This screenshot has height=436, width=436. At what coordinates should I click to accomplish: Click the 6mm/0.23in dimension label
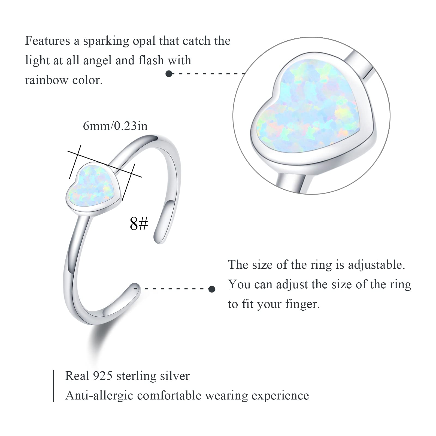pyautogui.click(x=115, y=126)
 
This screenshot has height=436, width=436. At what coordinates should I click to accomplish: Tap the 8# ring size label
pyautogui.click(x=139, y=224)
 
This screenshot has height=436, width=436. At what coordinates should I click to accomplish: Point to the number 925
pyautogui.click(x=102, y=376)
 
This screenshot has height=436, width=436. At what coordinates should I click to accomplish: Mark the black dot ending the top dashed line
pyautogui.click(x=169, y=74)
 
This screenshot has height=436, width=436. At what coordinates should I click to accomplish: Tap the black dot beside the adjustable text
pyautogui.click(x=212, y=289)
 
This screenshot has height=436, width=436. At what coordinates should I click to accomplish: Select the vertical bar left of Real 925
pyautogui.click(x=53, y=386)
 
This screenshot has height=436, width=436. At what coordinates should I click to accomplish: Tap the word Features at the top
pyautogui.click(x=48, y=41)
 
